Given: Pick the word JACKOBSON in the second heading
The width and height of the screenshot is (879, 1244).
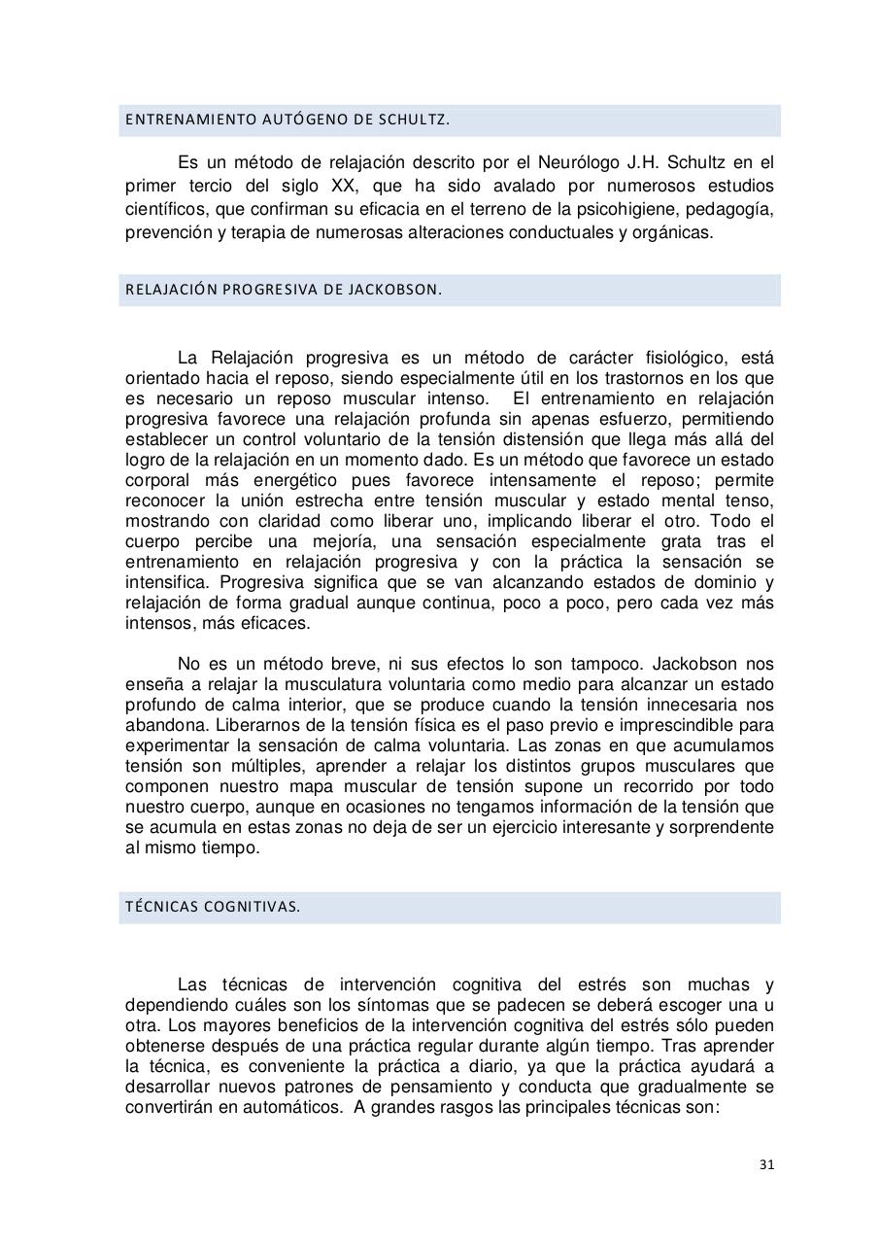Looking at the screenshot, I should click(x=401, y=290).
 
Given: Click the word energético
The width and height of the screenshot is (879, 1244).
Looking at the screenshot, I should click(x=288, y=480).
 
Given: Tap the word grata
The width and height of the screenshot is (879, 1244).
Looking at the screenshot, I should click(x=677, y=541).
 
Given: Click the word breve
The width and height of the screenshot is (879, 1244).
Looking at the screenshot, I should click(x=345, y=664).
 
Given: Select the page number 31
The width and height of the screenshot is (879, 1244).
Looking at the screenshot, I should click(x=766, y=1165).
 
